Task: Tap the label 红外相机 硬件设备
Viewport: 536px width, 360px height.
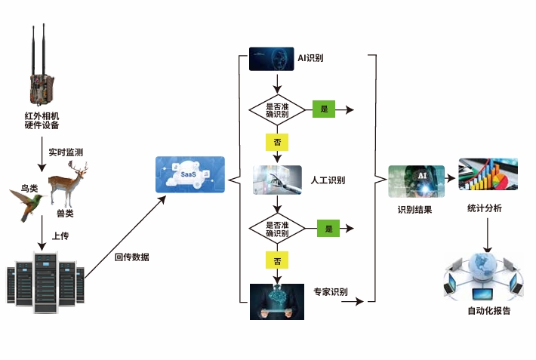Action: point(42,120)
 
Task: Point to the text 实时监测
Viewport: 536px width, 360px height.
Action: point(66,152)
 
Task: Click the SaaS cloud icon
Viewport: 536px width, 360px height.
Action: point(189,175)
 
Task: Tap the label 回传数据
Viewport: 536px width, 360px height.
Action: point(132,257)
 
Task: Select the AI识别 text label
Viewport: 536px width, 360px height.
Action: point(311,58)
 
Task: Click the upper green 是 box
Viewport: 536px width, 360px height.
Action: point(324,109)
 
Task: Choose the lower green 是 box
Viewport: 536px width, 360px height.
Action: point(328,227)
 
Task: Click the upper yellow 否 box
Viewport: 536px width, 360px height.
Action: point(277,141)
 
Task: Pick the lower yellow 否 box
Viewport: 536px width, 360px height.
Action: point(277,261)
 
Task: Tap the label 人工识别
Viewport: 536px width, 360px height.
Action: point(328,180)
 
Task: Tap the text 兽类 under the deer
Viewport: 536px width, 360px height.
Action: point(66,214)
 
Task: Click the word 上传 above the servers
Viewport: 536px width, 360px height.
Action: point(61,236)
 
